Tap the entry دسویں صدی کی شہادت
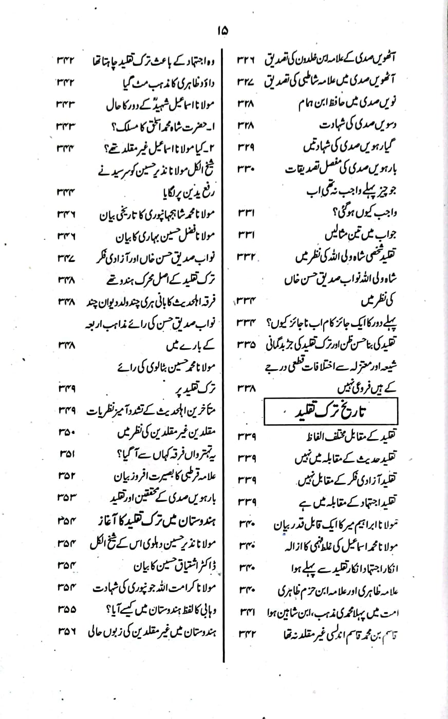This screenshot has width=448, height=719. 329,124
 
